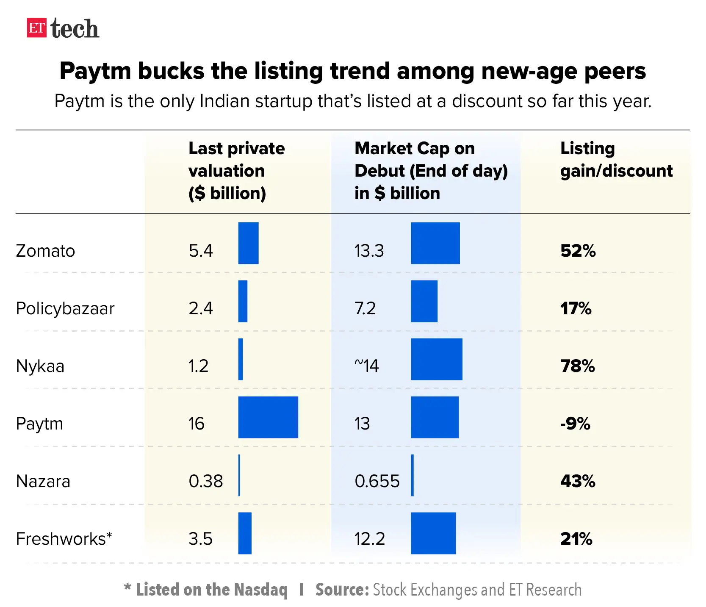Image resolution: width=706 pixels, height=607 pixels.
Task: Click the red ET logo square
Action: (x=36, y=28)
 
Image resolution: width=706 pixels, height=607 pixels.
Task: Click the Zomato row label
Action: (x=45, y=251)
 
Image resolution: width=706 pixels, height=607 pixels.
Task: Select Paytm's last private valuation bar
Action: (x=268, y=417)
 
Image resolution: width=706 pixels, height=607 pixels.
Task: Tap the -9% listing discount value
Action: (x=575, y=424)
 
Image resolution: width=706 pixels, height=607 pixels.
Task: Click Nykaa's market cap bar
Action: (x=437, y=359)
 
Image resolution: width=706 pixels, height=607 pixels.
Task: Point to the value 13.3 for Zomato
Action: (x=369, y=251)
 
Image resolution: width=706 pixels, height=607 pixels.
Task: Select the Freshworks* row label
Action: (x=64, y=539)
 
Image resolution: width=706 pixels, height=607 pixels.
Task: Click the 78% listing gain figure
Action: (x=578, y=366)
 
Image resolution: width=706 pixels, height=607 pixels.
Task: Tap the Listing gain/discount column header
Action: (x=616, y=160)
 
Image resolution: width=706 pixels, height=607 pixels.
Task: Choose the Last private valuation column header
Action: (x=236, y=171)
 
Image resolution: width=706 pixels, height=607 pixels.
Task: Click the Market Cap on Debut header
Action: (x=431, y=171)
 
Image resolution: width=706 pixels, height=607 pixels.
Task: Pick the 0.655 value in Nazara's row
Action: (x=377, y=481)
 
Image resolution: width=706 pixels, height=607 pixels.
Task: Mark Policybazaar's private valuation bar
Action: (x=243, y=301)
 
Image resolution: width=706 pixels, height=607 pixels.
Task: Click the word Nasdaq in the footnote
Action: (x=260, y=590)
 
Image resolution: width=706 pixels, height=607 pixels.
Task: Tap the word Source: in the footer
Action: (x=342, y=590)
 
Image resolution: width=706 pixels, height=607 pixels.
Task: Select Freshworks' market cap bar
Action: (x=433, y=533)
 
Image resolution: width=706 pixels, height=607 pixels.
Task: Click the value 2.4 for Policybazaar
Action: (x=201, y=308)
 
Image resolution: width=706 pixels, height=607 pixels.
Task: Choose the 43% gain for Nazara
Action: (x=578, y=481)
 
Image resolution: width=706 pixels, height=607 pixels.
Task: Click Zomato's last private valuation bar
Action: (x=248, y=243)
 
